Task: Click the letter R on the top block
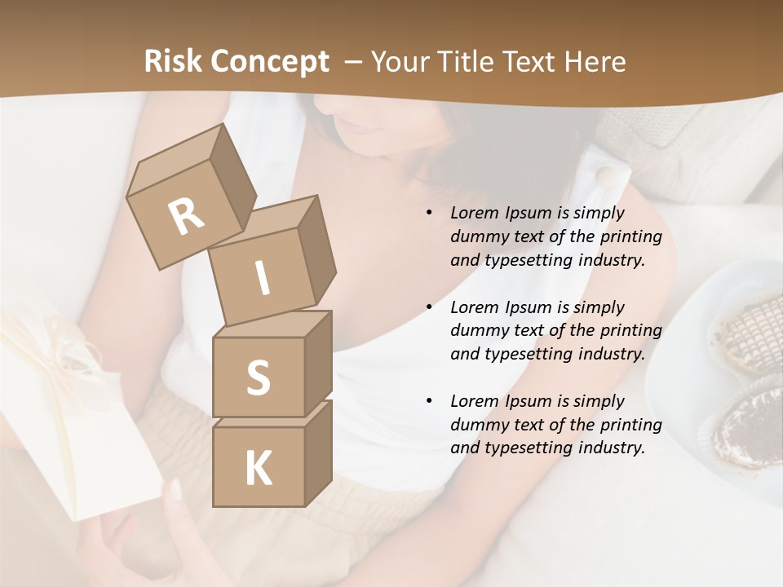pyautogui.click(x=186, y=216)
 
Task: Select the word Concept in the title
pyautogui.click(x=269, y=62)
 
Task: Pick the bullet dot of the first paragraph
pyautogui.click(x=429, y=214)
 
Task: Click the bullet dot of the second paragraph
pyautogui.click(x=429, y=307)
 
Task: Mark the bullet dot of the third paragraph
pyautogui.click(x=429, y=401)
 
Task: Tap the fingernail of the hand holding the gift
pyautogui.click(x=175, y=489)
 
